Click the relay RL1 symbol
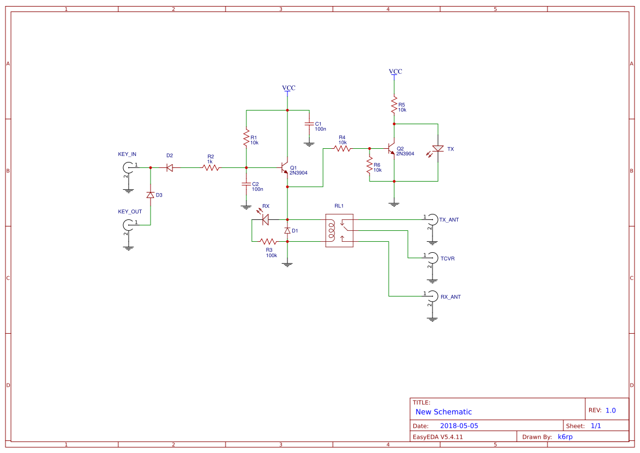(339, 230)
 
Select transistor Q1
(284, 167)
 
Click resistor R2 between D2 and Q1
(211, 168)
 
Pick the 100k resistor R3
(268, 241)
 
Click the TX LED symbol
(437, 149)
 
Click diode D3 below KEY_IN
(150, 195)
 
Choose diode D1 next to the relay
(287, 230)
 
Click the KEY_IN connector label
(127, 154)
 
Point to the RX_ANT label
(451, 297)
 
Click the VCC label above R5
(395, 72)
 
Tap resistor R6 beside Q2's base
(370, 166)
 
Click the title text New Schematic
(443, 412)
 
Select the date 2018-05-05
(459, 426)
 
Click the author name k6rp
(565, 437)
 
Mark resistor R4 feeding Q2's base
(342, 148)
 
